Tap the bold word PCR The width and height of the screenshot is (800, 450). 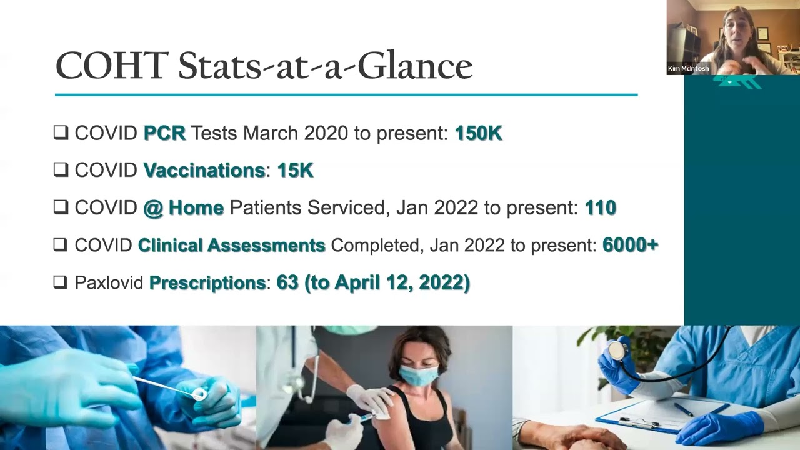[x=164, y=133]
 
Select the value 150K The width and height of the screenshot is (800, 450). [x=478, y=133]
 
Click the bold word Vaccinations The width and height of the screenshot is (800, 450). [x=204, y=170]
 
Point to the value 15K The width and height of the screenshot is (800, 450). [x=295, y=170]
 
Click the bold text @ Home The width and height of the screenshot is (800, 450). [x=183, y=207]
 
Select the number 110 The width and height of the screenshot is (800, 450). [x=600, y=207]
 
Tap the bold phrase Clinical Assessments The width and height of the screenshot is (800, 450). [x=231, y=245]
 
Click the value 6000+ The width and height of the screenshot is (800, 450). [x=630, y=245]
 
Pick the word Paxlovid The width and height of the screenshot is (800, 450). [x=109, y=282]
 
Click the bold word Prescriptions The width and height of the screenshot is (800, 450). [x=207, y=282]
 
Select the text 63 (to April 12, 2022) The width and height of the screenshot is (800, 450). [x=373, y=282]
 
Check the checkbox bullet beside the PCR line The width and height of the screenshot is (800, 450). [x=61, y=132]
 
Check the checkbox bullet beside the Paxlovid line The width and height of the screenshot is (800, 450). [x=61, y=282]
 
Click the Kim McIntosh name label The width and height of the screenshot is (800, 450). [x=688, y=68]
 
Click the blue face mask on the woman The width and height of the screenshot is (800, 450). [x=419, y=375]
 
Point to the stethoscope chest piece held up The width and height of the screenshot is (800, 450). [x=617, y=351]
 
